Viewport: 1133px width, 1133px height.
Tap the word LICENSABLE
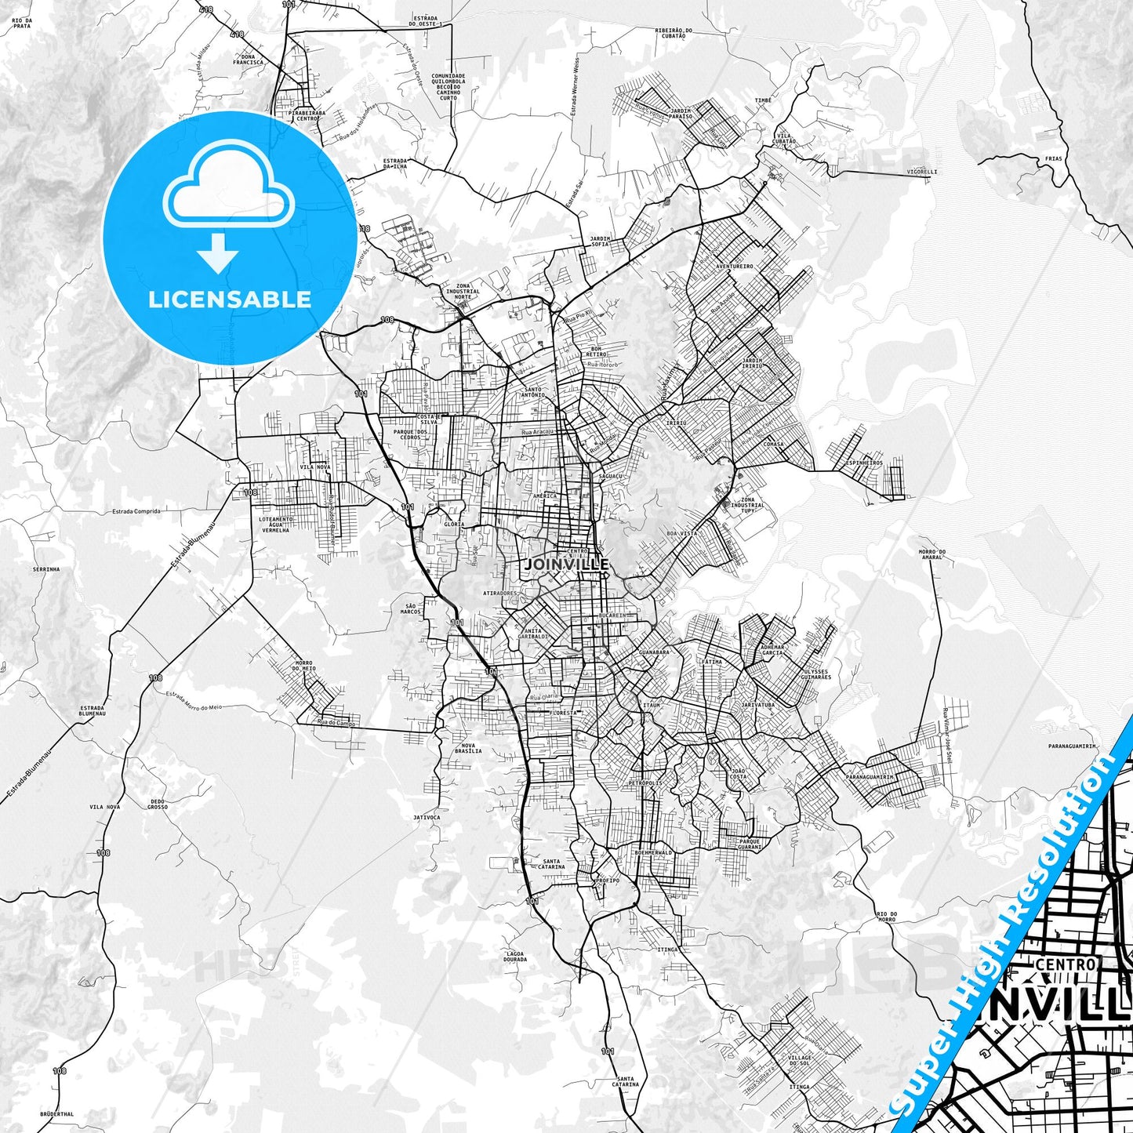[x=228, y=299]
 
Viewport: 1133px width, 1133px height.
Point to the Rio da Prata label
[x=21, y=23]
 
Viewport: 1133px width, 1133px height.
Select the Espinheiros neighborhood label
[x=864, y=463]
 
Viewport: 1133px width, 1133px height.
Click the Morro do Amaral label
[x=931, y=554]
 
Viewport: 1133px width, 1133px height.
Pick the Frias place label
[x=1053, y=158]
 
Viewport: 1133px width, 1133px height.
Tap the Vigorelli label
[x=921, y=171]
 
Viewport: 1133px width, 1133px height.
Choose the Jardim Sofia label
[x=600, y=241]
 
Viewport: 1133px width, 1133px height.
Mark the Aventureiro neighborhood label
[x=734, y=266]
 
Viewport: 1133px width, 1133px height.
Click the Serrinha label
[x=46, y=568]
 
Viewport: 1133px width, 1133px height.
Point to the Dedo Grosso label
[x=158, y=804]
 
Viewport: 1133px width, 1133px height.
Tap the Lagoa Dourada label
[x=515, y=957]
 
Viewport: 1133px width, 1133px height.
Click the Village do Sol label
[x=801, y=1060]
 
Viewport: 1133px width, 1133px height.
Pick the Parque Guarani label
[x=750, y=844]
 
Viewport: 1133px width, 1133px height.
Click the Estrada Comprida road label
[x=136, y=511]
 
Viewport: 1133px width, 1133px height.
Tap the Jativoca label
[x=427, y=817]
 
